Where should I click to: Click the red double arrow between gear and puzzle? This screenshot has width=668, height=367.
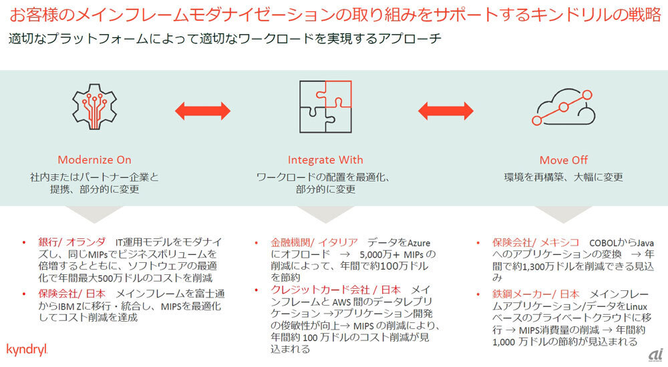[x=202, y=109]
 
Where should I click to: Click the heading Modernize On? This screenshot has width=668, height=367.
[x=94, y=159]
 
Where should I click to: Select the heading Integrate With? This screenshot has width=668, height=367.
[x=325, y=159]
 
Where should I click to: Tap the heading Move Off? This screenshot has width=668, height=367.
[x=563, y=160]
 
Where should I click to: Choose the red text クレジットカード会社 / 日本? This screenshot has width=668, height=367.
[x=335, y=290]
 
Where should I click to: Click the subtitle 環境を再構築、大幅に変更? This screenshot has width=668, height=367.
[x=563, y=177]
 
